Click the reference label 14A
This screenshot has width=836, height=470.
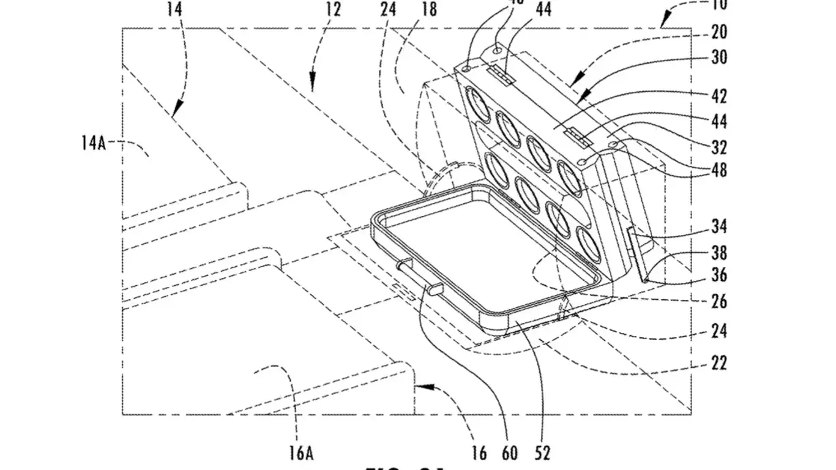coord(93,144)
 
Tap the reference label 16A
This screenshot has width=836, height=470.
coord(301,453)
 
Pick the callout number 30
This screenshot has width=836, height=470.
coord(719,58)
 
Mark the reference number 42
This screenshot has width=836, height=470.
coord(719,96)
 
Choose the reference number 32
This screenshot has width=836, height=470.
coord(719,147)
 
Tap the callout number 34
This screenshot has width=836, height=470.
coord(719,227)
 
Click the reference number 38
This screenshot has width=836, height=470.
coord(719,252)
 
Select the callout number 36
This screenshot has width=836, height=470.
coord(719,275)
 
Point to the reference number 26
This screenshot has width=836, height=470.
coord(719,301)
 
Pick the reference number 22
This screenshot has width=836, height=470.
coord(719,364)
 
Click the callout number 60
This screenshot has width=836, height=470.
coord(510,453)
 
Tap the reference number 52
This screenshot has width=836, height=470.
coord(542,453)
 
